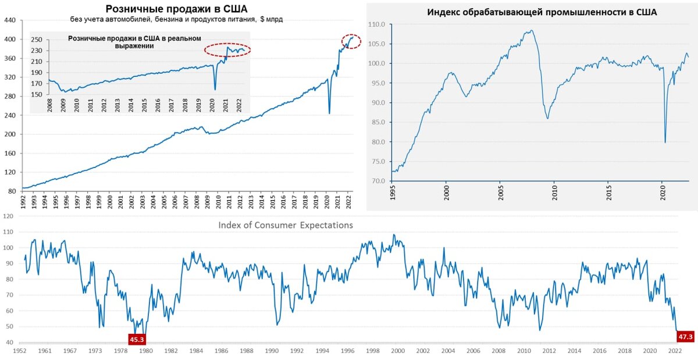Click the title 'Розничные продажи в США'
tap(176, 9)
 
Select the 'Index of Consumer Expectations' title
tap(286, 225)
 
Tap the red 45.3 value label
tap(137, 339)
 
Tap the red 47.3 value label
tap(686, 336)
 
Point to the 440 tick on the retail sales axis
tap(9, 20)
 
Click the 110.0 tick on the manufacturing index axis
tap(378, 24)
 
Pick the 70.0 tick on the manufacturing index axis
tap(379, 181)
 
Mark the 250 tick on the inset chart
tap(36, 40)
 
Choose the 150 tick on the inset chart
tap(36, 94)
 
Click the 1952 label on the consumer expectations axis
tap(19, 351)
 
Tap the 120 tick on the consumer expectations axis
tap(8, 216)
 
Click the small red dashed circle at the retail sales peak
tap(351, 41)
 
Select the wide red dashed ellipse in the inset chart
tap(227, 50)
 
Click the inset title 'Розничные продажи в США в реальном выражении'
tap(134, 42)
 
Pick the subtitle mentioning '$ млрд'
tap(176, 20)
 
